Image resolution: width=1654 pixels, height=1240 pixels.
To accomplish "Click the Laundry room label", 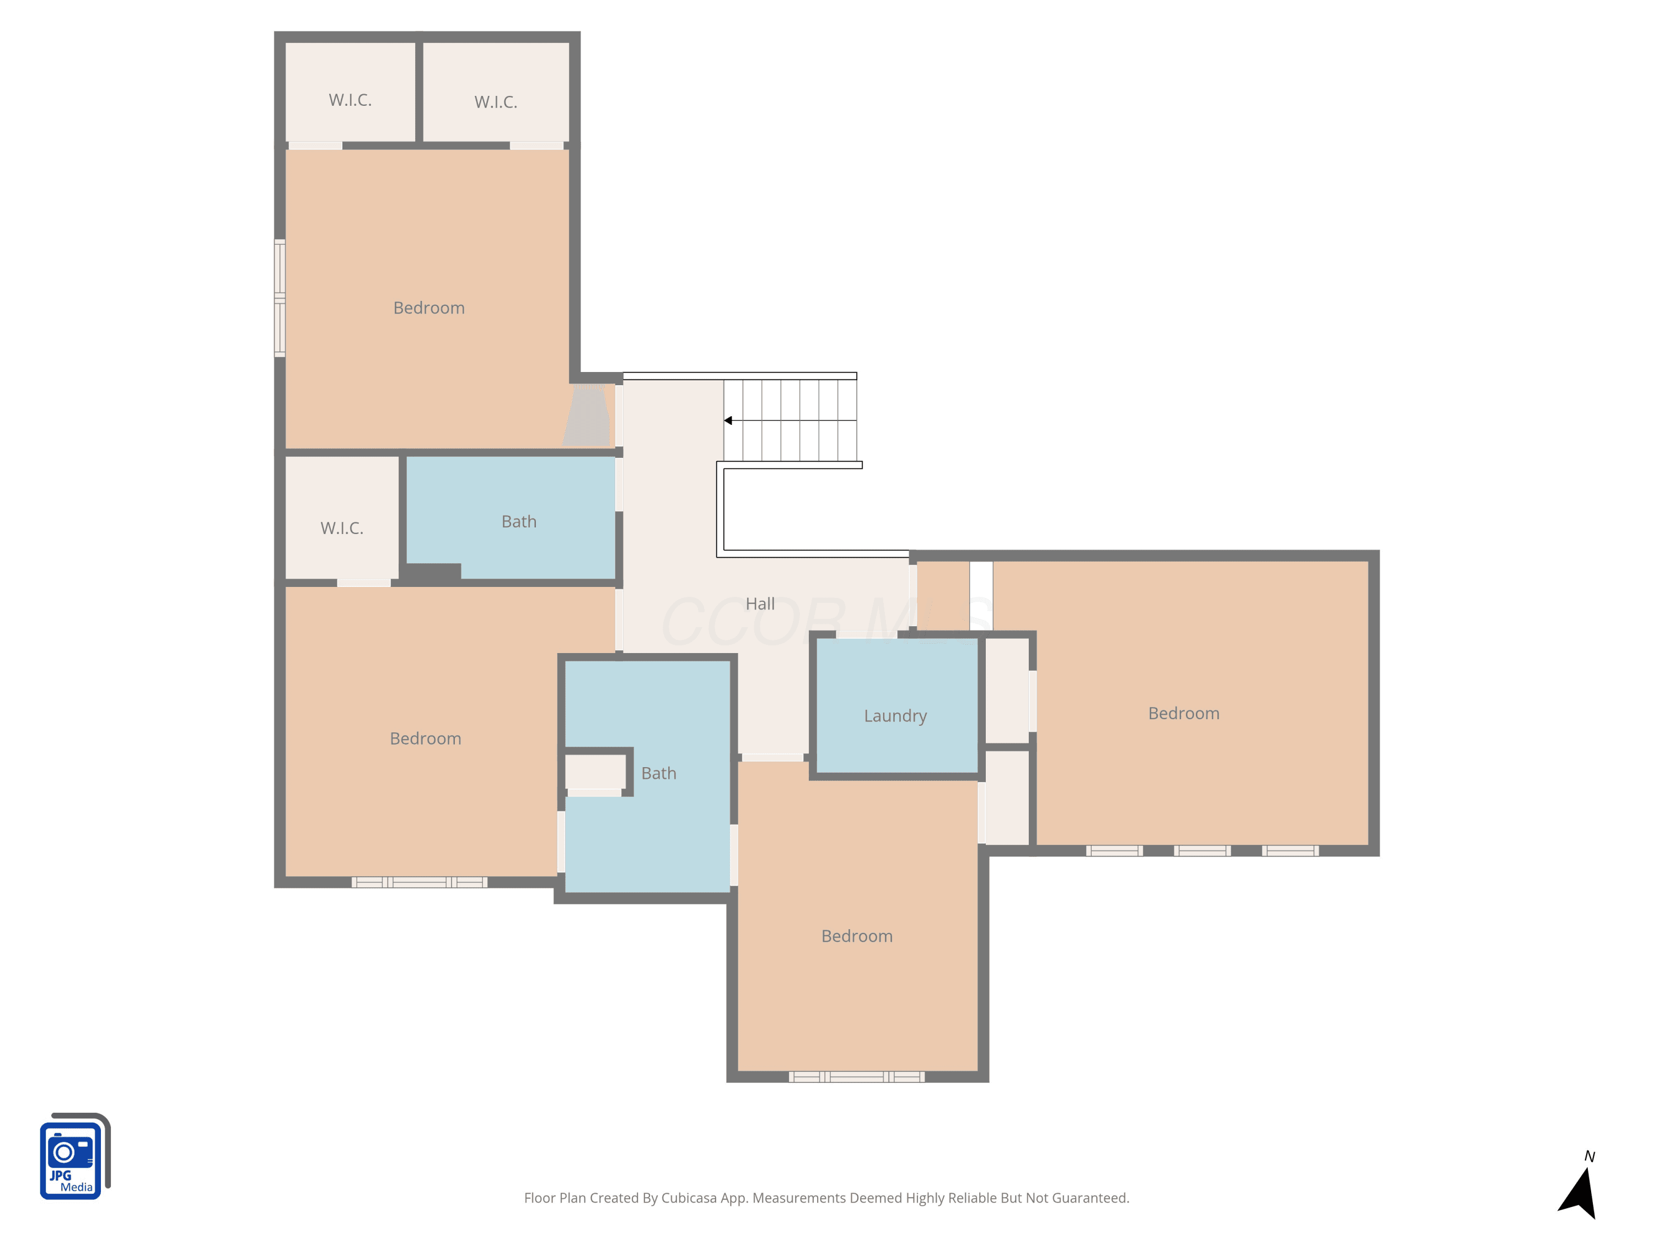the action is point(895,716).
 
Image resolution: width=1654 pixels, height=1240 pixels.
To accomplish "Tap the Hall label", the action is point(760,604).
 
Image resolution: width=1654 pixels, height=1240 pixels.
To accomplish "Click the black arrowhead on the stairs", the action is point(728,421).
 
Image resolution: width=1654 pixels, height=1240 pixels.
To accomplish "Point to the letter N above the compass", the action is point(1589,1157).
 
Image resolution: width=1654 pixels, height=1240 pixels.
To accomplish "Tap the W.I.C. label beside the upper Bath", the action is point(342,529).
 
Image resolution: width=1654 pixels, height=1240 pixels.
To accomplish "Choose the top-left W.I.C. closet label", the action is point(350,100).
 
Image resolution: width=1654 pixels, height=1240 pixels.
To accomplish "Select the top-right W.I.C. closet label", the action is point(496,103).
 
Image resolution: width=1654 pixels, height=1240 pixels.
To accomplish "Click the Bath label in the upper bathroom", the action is point(519,522).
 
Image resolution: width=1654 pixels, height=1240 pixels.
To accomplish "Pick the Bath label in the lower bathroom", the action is point(659,774).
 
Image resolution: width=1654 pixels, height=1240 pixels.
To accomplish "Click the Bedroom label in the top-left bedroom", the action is point(428,308).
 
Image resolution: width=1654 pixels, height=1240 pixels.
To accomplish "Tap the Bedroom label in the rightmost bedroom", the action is point(1184,714).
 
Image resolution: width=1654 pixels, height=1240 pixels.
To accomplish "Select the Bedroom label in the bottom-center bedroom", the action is point(857,936).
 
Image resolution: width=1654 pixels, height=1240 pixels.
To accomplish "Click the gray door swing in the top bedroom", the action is point(587,416).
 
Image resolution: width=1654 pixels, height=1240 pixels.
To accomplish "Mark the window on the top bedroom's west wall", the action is point(280,298).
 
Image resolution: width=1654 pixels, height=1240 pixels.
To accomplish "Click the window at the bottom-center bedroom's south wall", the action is point(857,1077).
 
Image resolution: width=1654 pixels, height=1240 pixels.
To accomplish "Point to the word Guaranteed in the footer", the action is point(1092,1198).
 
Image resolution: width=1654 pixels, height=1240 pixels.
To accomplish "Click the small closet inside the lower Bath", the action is point(595,772).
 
